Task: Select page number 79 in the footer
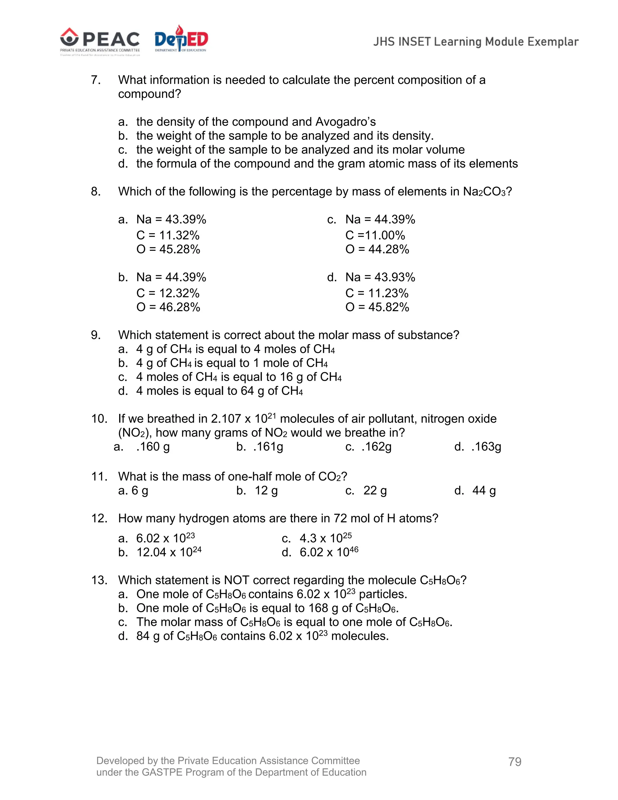pyautogui.click(x=514, y=762)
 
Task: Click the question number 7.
pyautogui.click(x=96, y=80)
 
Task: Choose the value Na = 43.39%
pyautogui.click(x=171, y=219)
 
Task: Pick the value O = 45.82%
pyautogui.click(x=377, y=307)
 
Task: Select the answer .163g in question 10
pyautogui.click(x=486, y=446)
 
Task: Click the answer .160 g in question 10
pyautogui.click(x=153, y=446)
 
